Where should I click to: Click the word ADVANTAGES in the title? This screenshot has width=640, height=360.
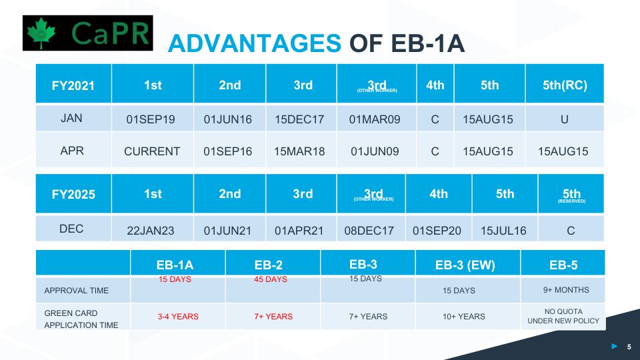coord(254,43)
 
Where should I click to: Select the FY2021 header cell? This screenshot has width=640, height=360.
coord(73,85)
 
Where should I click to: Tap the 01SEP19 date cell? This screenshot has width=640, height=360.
coord(151,120)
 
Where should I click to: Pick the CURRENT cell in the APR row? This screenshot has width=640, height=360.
coord(152,151)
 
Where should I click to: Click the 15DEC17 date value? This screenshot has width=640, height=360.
coord(299,120)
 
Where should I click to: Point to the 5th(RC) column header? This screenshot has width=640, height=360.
coord(565,85)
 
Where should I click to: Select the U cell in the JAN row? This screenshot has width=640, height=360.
coord(565,119)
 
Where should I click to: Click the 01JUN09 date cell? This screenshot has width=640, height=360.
coord(375,151)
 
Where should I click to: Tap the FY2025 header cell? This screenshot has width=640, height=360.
coord(73,195)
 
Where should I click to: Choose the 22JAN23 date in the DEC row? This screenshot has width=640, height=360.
coord(151,231)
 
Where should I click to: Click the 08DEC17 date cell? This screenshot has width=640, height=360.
coord(369,231)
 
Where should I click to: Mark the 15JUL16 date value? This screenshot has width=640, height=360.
coord(503,231)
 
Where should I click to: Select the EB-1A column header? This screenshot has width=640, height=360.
coord(175,265)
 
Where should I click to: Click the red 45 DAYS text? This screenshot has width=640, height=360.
coord(271,279)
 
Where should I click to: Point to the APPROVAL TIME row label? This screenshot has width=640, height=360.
coord(77,291)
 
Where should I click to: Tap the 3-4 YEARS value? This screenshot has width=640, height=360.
coord(178,317)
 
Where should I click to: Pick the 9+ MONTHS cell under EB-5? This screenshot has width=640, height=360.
coord(563,289)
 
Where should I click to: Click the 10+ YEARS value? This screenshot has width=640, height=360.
coord(463,317)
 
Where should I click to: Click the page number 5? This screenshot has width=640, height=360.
coord(629,347)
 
